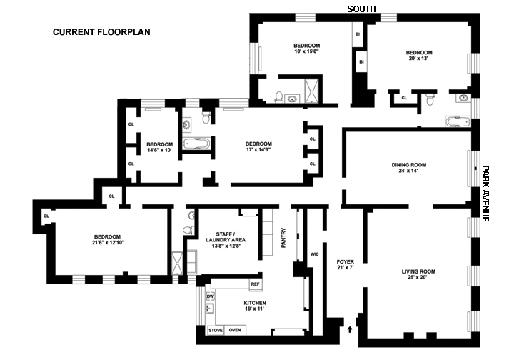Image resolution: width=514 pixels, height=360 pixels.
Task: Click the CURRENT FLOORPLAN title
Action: (x=101, y=32)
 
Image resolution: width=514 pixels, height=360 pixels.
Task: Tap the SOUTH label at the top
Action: (x=361, y=9)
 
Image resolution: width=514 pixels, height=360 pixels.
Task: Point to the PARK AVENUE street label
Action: (x=485, y=194)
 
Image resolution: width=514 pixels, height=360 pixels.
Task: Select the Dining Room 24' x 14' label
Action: (x=409, y=169)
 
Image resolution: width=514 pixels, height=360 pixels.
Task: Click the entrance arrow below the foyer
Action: (x=349, y=329)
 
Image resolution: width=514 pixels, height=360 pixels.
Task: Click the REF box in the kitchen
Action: (x=255, y=284)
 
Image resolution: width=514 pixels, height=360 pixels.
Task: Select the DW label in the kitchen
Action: (x=211, y=296)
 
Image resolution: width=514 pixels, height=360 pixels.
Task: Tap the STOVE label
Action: (x=215, y=330)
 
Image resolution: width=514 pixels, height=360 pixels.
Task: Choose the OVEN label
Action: (x=235, y=330)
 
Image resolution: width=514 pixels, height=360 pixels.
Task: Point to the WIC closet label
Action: (x=314, y=254)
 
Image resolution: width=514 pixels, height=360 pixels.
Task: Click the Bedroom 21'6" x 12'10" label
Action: (x=106, y=241)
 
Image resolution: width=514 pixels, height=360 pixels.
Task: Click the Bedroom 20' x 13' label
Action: (x=419, y=56)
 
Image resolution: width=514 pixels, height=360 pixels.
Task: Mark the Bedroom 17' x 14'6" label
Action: (x=258, y=147)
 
